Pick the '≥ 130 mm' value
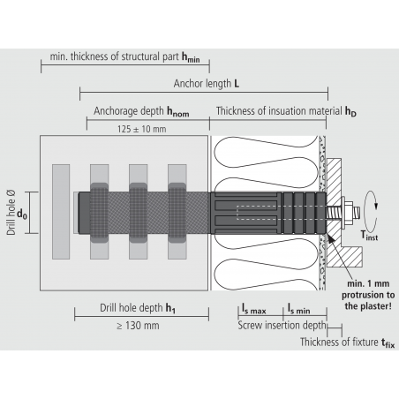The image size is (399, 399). click(x=139, y=326)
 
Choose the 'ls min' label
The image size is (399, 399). click(x=297, y=310)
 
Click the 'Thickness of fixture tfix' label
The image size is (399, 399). click(x=344, y=343)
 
